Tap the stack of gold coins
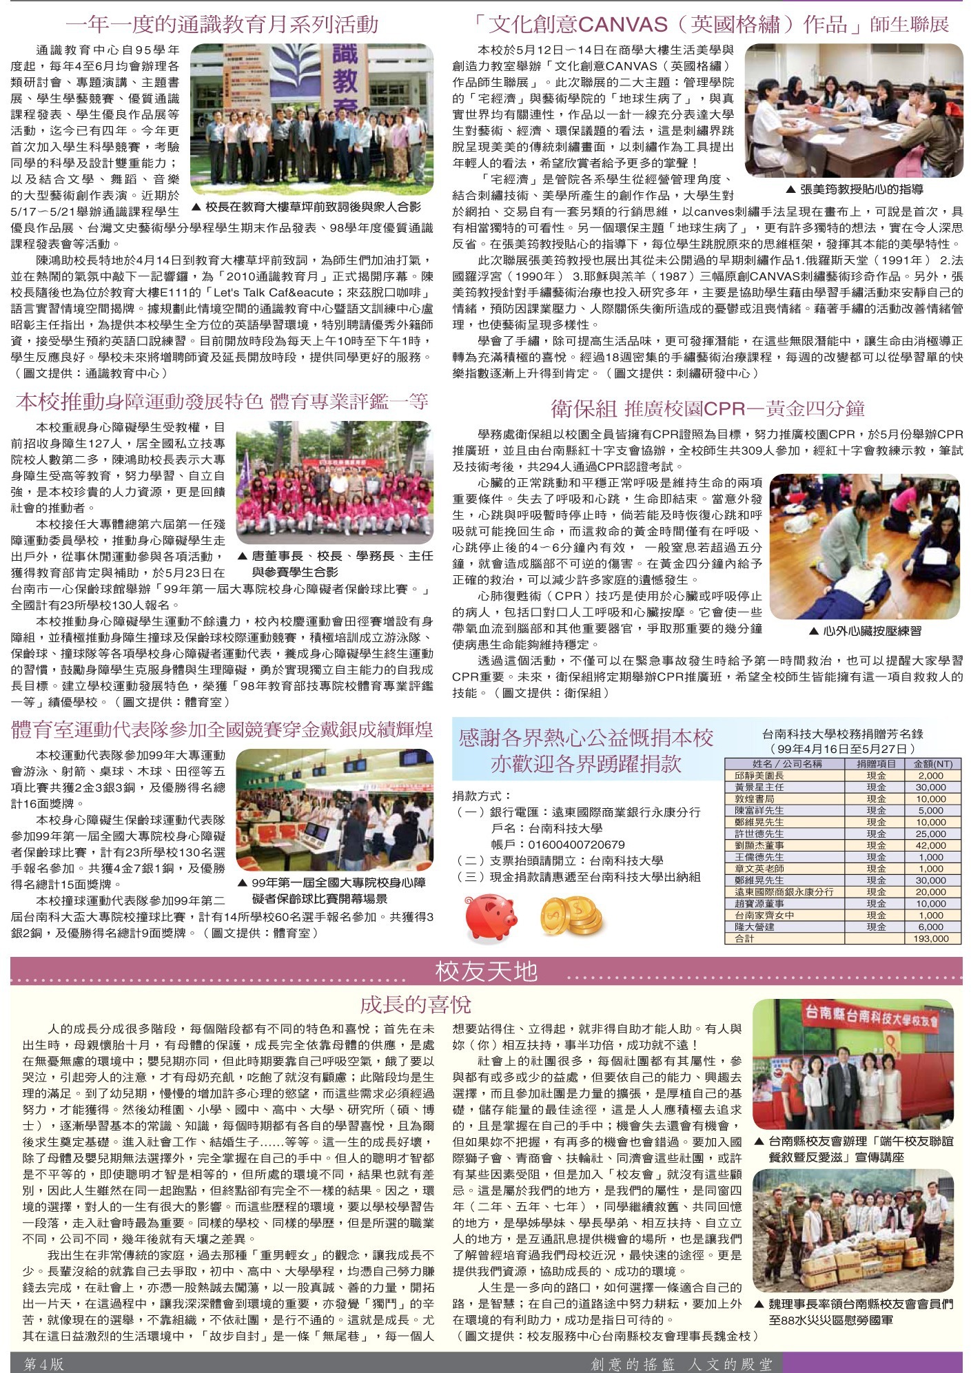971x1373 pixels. tap(571, 916)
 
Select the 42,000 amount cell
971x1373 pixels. tap(930, 845)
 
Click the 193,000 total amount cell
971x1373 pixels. tap(930, 938)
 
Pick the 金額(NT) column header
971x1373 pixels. tap(932, 763)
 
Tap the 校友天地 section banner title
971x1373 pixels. tap(486, 971)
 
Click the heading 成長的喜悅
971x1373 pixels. tap(415, 1004)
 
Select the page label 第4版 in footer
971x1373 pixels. tap(43, 1363)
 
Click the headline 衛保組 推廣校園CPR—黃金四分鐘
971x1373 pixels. tap(707, 409)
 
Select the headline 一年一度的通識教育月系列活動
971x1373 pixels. tap(222, 25)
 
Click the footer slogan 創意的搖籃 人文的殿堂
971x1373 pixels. tap(682, 1363)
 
